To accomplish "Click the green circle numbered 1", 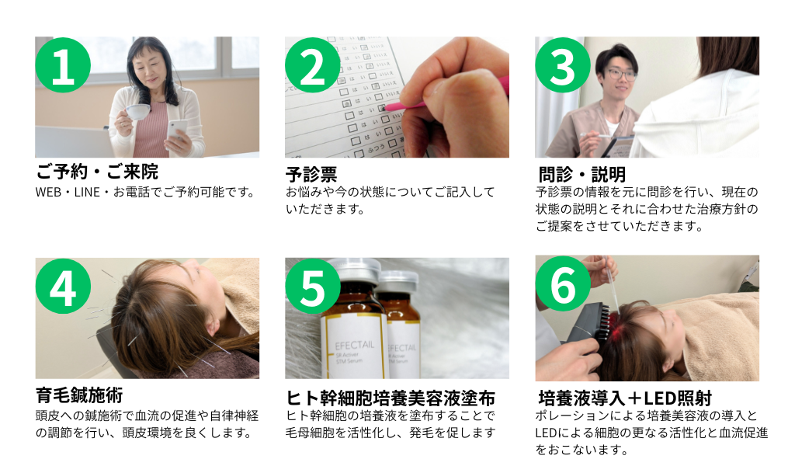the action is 63,65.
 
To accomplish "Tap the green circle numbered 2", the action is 312,65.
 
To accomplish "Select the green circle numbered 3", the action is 563,65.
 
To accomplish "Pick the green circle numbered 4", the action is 63,286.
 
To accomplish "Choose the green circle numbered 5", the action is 312,286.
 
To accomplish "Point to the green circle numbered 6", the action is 563,283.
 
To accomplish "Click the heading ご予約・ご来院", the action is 97,172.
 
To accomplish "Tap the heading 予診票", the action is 311,175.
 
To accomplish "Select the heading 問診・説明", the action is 582,175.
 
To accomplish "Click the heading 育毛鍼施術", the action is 79,395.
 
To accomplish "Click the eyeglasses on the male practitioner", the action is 621,74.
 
